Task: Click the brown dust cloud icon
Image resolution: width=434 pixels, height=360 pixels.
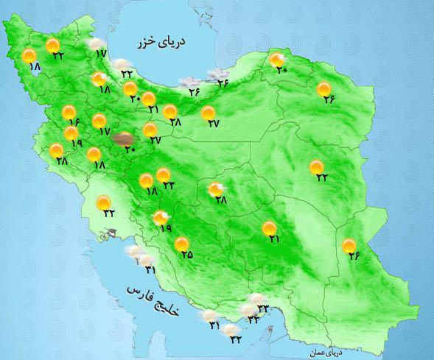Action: coord(123,138)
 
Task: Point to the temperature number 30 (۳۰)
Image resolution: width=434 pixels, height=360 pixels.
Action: coord(281,70)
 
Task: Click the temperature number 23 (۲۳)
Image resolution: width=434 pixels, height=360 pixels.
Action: coord(236,339)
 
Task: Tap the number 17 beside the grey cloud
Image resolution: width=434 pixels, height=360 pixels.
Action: coord(101,54)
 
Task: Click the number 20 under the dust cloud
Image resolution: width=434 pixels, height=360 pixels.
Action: coord(130,150)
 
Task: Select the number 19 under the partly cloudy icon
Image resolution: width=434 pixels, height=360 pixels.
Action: coord(165,229)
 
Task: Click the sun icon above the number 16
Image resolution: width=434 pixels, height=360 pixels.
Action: coord(69,113)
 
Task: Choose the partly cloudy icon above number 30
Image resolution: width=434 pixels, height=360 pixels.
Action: coord(277,60)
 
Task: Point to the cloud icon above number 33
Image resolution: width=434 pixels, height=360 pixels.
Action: coord(257,299)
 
